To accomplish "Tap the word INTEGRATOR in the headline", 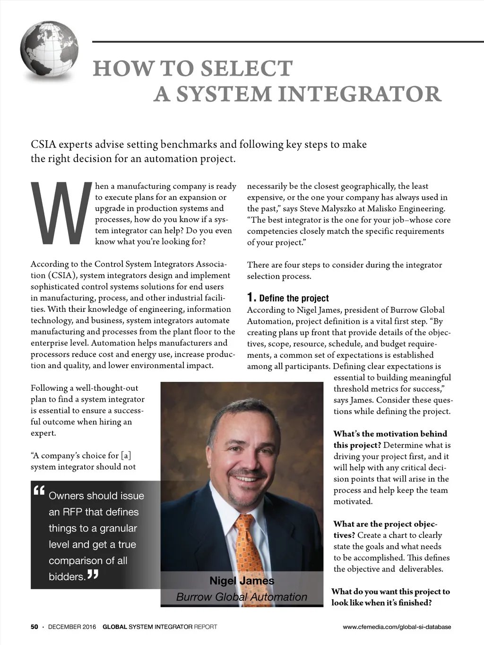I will click(359, 94).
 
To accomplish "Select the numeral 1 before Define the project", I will click(251, 298).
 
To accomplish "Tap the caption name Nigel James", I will click(242, 581).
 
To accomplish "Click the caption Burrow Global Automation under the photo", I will click(242, 597).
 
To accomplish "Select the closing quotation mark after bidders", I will click(93, 575).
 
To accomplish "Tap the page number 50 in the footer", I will click(35, 627).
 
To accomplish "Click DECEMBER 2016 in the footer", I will click(72, 627).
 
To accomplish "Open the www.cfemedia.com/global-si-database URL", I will click(397, 627).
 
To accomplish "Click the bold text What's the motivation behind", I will click(390, 434).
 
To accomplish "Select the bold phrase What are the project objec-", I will click(385, 524).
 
